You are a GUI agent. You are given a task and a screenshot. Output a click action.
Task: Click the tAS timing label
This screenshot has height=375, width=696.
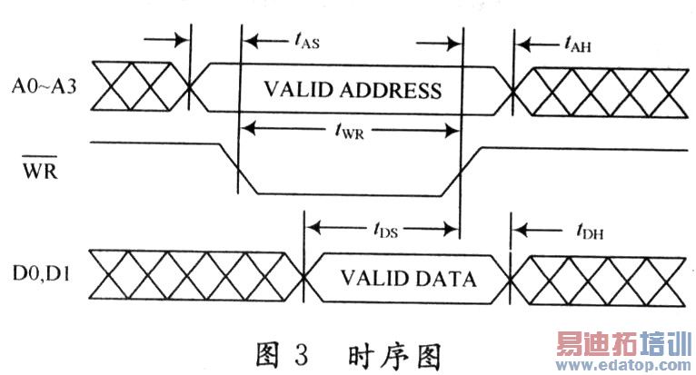(x=304, y=41)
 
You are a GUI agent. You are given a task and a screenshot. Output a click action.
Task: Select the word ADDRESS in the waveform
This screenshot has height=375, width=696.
(x=393, y=91)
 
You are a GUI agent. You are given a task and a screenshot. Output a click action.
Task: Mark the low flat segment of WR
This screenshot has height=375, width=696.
(x=350, y=192)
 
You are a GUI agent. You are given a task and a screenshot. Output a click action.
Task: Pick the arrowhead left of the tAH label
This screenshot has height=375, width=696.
(x=522, y=42)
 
